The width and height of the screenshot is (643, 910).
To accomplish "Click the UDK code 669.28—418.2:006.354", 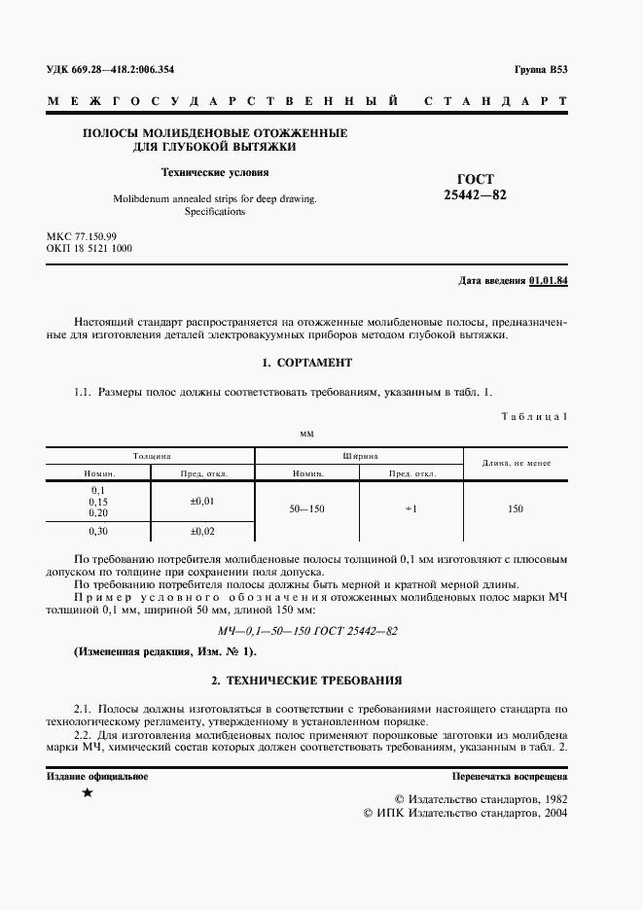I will [x=117, y=70].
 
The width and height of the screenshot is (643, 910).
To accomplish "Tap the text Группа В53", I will [x=540, y=70].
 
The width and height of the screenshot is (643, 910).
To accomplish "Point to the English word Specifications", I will [x=214, y=211].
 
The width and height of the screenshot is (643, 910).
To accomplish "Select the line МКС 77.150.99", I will [x=82, y=236].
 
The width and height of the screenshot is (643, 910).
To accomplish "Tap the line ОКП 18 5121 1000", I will [x=89, y=249].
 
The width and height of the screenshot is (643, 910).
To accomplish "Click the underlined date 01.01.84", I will [x=549, y=280].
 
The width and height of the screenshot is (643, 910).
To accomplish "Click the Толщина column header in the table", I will [x=152, y=455].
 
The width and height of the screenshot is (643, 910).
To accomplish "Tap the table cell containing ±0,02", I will [x=202, y=532].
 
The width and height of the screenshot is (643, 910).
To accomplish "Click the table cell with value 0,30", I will [x=98, y=532].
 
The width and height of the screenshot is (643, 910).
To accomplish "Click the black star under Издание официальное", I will [x=89, y=793].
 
